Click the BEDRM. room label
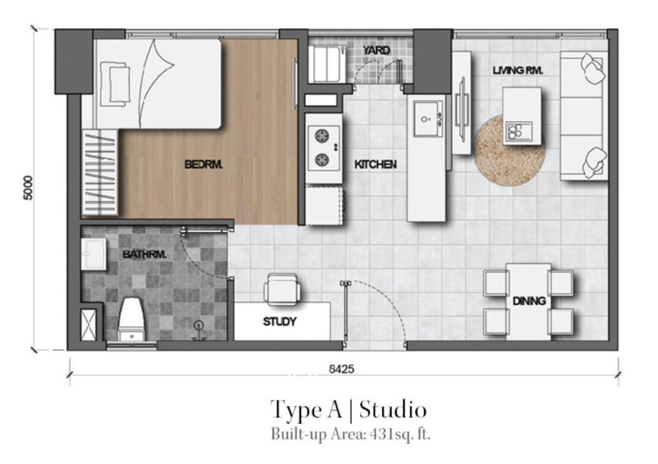pos(204,164)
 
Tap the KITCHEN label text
pos(375,164)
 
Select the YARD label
pos(376,51)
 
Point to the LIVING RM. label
pos(517,71)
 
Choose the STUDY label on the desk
pos(279,322)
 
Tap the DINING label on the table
pos(529,301)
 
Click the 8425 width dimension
pos(341,369)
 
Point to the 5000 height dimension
pos(28,188)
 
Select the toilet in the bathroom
pos(131,318)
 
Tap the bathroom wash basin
pos(93,254)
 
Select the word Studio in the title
pos(393,410)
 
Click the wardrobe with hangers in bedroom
pos(100,172)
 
